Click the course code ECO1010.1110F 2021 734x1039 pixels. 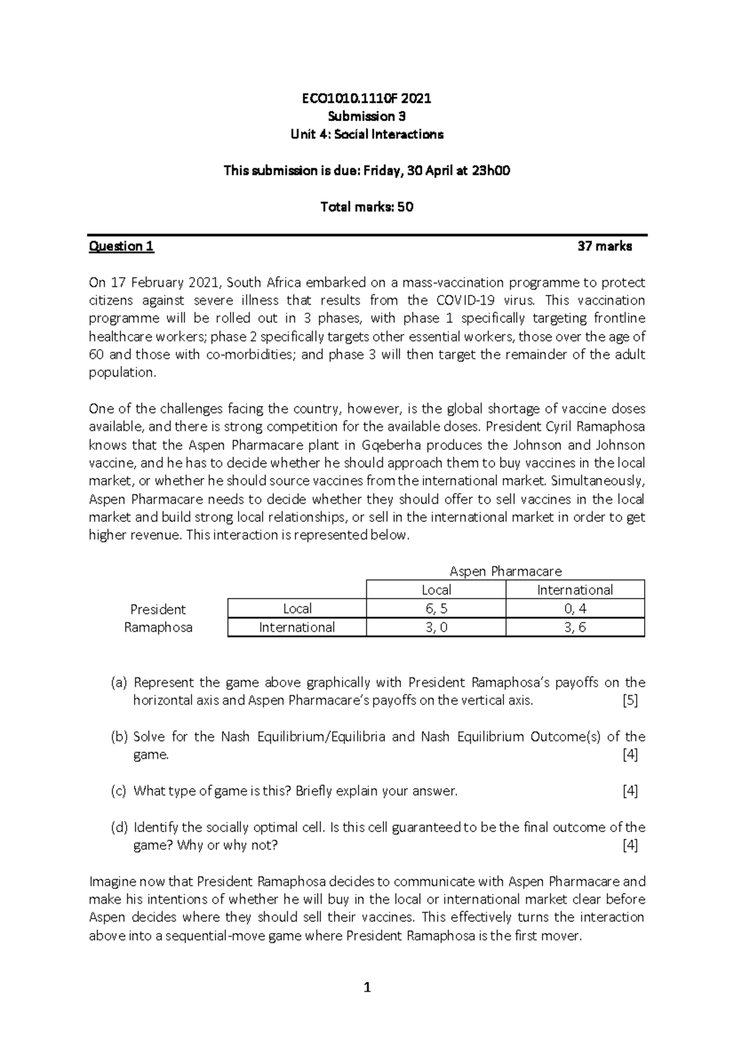pyautogui.click(x=366, y=99)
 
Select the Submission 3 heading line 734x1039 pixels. pyautogui.click(x=366, y=116)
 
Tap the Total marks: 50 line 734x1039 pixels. pyautogui.click(x=366, y=207)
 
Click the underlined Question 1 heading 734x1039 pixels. pyautogui.click(x=121, y=247)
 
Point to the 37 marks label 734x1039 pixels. pyautogui.click(x=604, y=247)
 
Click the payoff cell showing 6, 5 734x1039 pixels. pyautogui.click(x=436, y=609)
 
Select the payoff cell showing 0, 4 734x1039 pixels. pyautogui.click(x=575, y=609)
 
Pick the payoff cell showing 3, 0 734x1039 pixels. pyautogui.click(x=436, y=628)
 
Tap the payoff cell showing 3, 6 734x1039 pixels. pyautogui.click(x=575, y=628)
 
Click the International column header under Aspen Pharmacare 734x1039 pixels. pyautogui.click(x=575, y=590)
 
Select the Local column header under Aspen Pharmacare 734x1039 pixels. pyautogui.click(x=436, y=590)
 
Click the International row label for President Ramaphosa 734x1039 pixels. pyautogui.click(x=297, y=628)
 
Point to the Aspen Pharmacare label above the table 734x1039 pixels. pyautogui.click(x=505, y=572)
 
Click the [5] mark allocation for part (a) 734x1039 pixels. pyautogui.click(x=629, y=701)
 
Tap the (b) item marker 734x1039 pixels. pyautogui.click(x=119, y=737)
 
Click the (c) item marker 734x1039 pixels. pyautogui.click(x=118, y=791)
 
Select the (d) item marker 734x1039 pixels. pyautogui.click(x=119, y=828)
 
